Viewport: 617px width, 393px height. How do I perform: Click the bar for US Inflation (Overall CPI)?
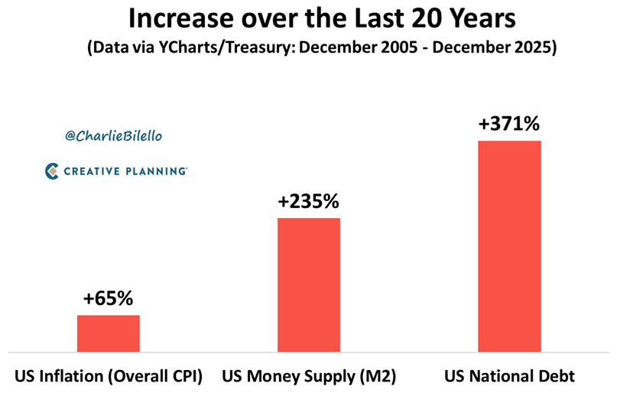(108, 333)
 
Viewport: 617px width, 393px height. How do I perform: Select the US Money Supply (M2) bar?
(308, 284)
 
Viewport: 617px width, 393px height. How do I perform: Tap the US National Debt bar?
(508, 245)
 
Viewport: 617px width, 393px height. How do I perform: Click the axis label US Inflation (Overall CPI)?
(108, 376)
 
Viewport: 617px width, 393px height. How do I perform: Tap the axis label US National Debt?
(508, 376)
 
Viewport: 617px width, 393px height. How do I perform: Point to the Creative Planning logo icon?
(53, 171)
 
